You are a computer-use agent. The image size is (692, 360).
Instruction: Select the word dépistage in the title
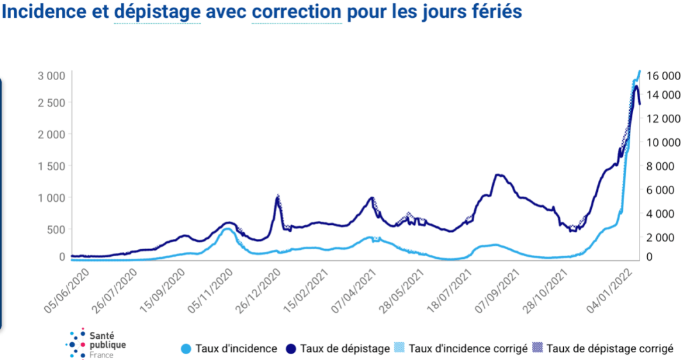coord(157,12)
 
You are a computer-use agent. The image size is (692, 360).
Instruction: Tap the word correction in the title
coord(296,12)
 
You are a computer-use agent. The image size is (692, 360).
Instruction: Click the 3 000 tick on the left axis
coord(51,76)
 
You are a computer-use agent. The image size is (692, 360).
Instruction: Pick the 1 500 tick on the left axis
coord(51,166)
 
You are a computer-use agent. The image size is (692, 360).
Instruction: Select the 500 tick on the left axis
coord(56,229)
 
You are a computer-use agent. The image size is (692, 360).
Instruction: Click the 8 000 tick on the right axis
coord(665,166)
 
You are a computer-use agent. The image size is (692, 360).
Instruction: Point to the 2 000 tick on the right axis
coord(665,237)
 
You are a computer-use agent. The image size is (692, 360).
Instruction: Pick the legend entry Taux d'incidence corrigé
coord(461,348)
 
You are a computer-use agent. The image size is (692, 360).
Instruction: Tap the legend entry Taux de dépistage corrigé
coord(604,348)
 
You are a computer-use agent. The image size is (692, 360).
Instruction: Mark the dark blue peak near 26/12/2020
coord(277,197)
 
